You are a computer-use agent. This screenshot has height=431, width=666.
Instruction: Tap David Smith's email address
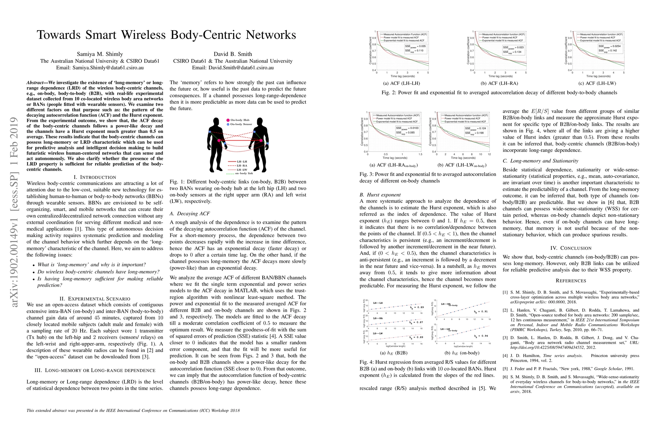pos(233,68)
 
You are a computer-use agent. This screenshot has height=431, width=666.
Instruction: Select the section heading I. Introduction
pos(94,177)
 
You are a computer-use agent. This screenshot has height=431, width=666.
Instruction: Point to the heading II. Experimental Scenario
pos(94,298)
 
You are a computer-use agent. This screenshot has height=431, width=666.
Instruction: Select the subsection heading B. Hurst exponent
pos(375,195)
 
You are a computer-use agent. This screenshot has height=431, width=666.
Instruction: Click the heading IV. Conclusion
pos(571,248)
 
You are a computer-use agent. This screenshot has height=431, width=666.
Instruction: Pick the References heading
pos(571,281)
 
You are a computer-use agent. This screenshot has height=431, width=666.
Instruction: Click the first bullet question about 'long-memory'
pos(92,265)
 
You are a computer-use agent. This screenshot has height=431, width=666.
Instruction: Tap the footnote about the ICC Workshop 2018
pos(133,411)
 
